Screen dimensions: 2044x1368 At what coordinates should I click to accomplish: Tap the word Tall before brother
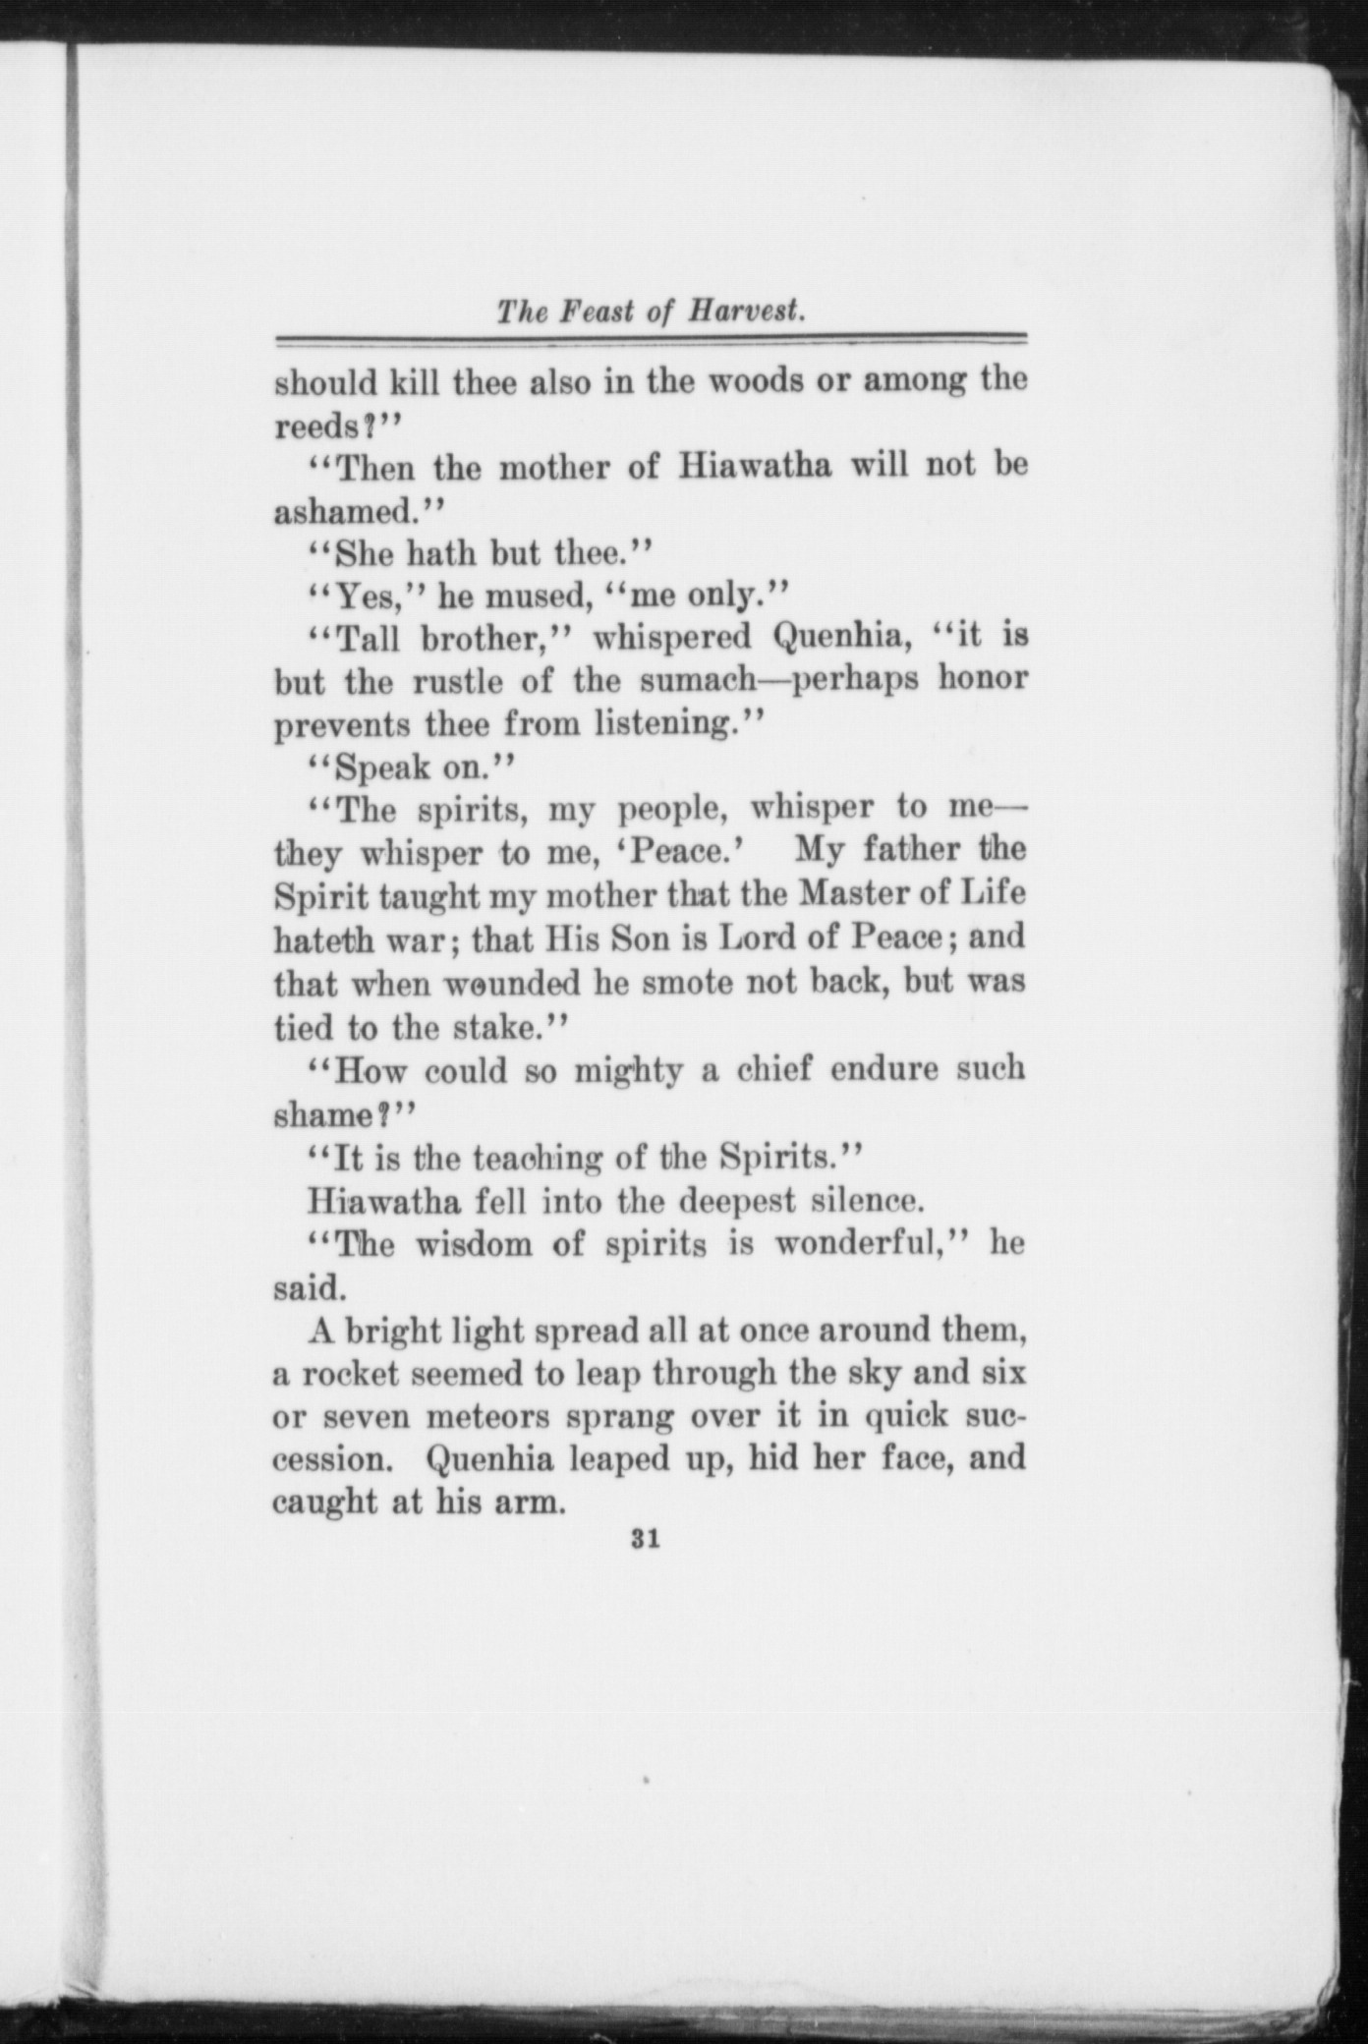(368, 638)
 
